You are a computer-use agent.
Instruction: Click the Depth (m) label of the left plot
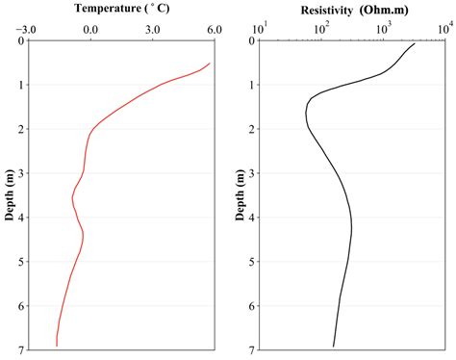(10, 194)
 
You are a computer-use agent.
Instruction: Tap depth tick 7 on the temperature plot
(20, 349)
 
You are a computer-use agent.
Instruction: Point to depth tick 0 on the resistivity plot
(250, 40)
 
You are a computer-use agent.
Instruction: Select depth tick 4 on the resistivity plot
(250, 218)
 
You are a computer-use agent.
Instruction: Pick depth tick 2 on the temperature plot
(20, 129)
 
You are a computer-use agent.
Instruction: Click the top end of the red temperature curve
(210, 64)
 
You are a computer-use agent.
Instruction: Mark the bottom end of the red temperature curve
(57, 346)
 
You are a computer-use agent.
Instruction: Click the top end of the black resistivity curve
(415, 43)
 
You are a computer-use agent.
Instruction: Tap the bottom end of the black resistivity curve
(334, 346)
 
